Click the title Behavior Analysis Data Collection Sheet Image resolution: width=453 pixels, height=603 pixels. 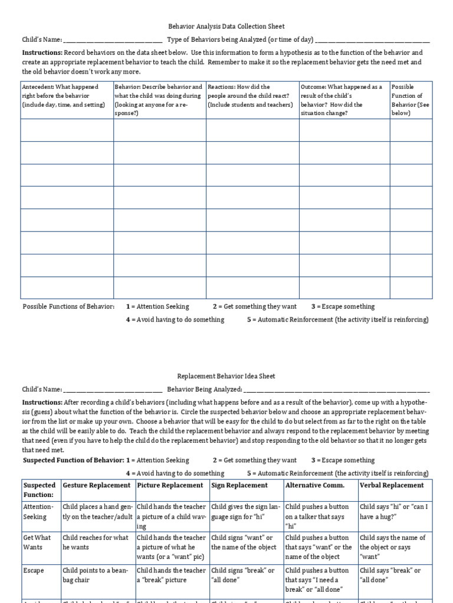tap(226, 26)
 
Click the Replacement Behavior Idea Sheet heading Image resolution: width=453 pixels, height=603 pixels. tap(226, 376)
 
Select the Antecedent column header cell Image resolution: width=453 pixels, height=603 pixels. tap(67, 100)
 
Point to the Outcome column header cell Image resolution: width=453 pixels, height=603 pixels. tap(344, 100)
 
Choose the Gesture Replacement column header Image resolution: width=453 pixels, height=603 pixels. tap(97, 485)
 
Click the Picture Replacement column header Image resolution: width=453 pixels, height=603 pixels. tap(171, 485)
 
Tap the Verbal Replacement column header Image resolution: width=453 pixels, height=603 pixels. tap(392, 485)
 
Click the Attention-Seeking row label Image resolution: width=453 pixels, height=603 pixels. tap(39, 511)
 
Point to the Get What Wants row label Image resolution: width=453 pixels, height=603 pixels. tap(39, 542)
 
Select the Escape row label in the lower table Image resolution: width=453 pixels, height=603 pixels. tap(34, 571)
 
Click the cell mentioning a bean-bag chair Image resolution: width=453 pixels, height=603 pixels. tap(97, 575)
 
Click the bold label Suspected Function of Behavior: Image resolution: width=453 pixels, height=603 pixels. tap(73, 460)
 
